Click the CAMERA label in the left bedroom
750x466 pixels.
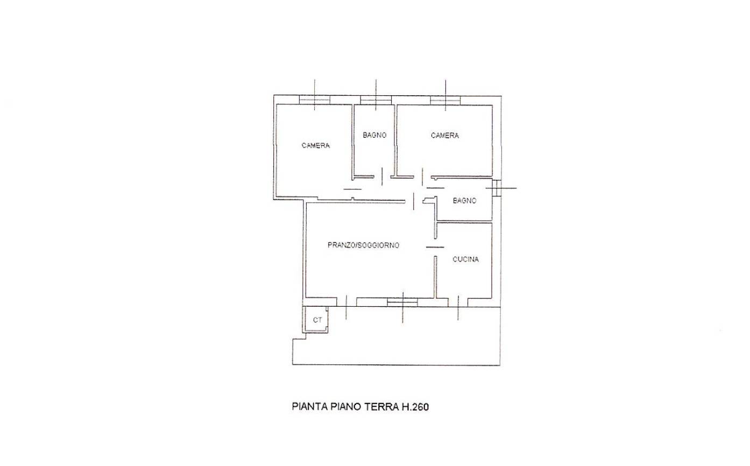[x=315, y=145]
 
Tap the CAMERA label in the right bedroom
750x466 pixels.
[x=444, y=135]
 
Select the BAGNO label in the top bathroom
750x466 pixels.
[x=374, y=135]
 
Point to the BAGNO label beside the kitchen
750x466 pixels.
[x=464, y=201]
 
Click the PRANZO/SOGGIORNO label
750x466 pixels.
[x=363, y=245]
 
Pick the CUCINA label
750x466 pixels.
[x=465, y=259]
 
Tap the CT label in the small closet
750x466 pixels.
[x=317, y=320]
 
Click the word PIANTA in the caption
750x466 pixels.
[x=310, y=407]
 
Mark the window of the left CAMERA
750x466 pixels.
[x=314, y=100]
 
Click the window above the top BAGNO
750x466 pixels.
[x=376, y=100]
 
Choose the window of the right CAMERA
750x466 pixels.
[x=445, y=100]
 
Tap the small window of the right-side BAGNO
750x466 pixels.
[x=497, y=188]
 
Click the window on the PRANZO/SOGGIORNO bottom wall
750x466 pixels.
[x=402, y=302]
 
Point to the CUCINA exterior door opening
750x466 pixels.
[x=458, y=302]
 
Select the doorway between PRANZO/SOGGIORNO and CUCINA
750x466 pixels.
[x=435, y=248]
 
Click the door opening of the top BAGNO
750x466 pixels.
[x=382, y=176]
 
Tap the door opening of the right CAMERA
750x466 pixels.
[x=422, y=176]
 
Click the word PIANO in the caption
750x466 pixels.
[x=346, y=407]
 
